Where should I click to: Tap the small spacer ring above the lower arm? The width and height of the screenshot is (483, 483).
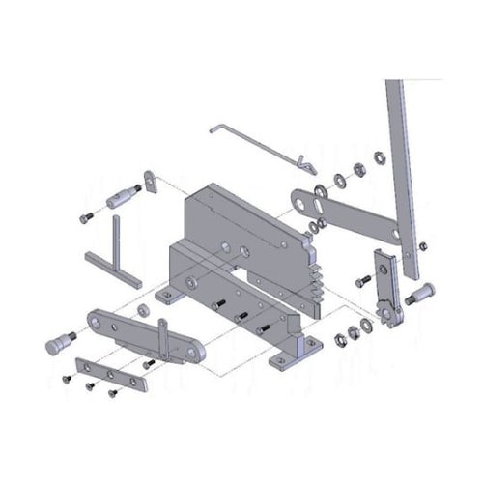[141, 309]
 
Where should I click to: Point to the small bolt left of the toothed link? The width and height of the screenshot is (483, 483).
[361, 282]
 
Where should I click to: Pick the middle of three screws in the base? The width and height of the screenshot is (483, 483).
[240, 318]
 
